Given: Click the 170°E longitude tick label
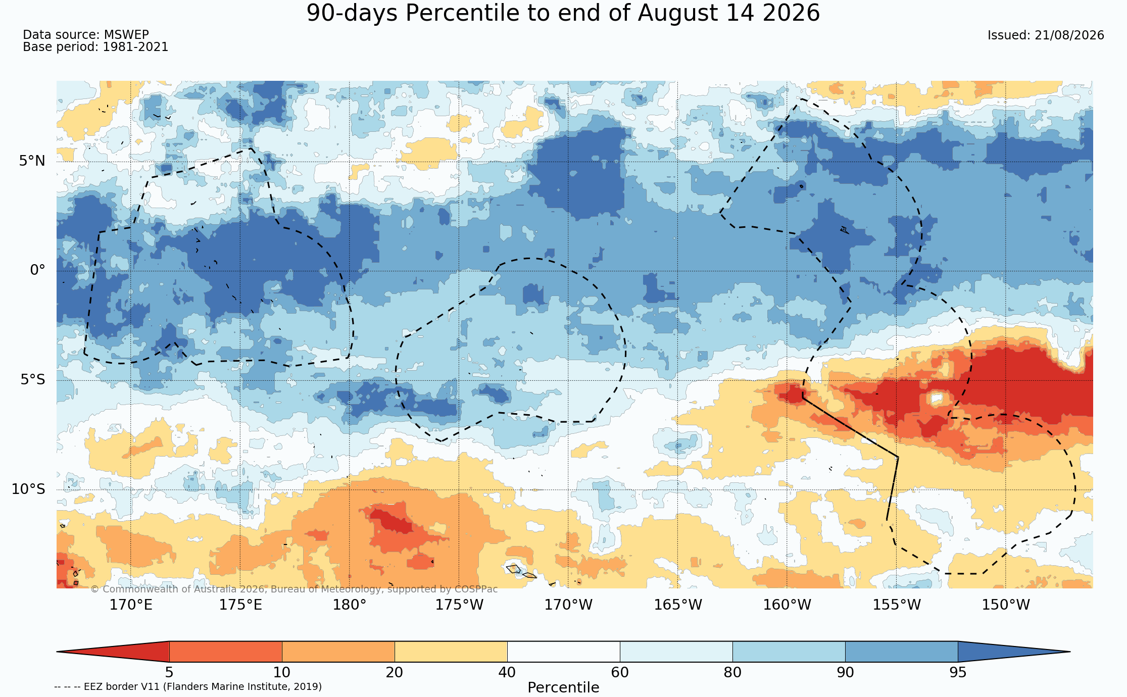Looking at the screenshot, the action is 131,605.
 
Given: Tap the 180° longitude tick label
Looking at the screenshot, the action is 350,605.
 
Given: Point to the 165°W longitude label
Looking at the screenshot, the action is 678,605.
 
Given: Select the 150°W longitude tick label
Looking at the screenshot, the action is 1006,605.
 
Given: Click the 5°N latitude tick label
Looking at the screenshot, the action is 32,161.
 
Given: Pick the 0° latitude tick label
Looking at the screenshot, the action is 37,270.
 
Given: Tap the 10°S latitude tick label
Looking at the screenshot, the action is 28,489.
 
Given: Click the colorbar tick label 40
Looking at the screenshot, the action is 507,672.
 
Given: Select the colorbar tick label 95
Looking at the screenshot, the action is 958,672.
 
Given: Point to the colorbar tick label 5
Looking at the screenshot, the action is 169,672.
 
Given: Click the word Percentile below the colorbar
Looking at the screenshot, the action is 563,687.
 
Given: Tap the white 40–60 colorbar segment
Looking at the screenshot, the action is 563,652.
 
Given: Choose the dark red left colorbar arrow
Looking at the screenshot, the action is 113,652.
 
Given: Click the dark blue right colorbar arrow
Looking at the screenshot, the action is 1014,652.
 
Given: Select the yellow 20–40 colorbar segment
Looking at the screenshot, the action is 451,652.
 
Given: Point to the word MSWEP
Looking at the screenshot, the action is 126,35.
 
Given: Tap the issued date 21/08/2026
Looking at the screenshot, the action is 1069,35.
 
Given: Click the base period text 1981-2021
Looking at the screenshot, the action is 135,47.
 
